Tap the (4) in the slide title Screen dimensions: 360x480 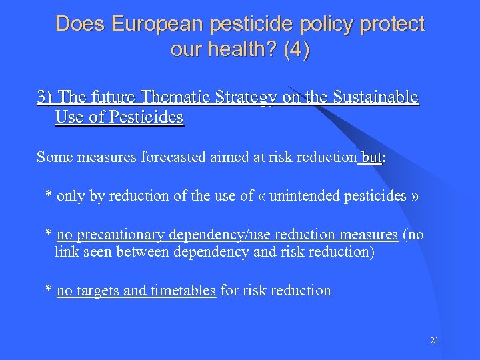tap(296, 50)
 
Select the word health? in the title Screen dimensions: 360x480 tap(245, 50)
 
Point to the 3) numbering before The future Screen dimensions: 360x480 tap(45, 97)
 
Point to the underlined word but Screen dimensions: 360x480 tap(371, 157)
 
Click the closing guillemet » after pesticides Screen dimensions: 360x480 tap(415, 196)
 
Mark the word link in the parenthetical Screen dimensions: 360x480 tap(65, 252)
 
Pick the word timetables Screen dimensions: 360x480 tap(183, 291)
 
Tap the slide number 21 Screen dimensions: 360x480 tap(435, 341)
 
